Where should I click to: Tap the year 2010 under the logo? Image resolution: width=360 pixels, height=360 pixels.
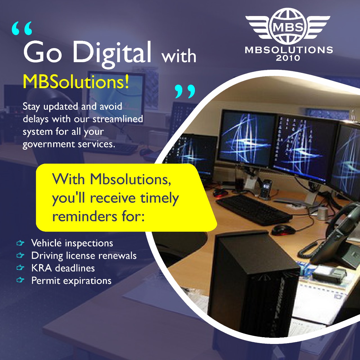click(288, 58)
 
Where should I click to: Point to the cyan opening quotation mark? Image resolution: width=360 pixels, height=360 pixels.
click(22, 28)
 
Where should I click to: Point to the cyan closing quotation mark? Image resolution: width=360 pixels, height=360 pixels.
click(185, 91)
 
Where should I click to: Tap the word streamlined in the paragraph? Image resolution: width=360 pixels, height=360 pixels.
click(118, 119)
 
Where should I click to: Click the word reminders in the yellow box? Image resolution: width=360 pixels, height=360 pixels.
click(85, 217)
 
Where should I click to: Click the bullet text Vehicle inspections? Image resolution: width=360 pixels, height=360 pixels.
click(72, 243)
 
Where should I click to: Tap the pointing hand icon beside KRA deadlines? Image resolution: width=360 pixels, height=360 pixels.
click(20, 268)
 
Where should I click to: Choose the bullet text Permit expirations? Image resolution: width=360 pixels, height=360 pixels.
click(71, 281)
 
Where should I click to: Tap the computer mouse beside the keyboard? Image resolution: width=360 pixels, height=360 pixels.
click(282, 230)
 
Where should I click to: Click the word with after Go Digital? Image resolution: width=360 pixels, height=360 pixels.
click(179, 56)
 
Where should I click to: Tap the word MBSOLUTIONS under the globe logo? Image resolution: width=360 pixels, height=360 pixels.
click(289, 50)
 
